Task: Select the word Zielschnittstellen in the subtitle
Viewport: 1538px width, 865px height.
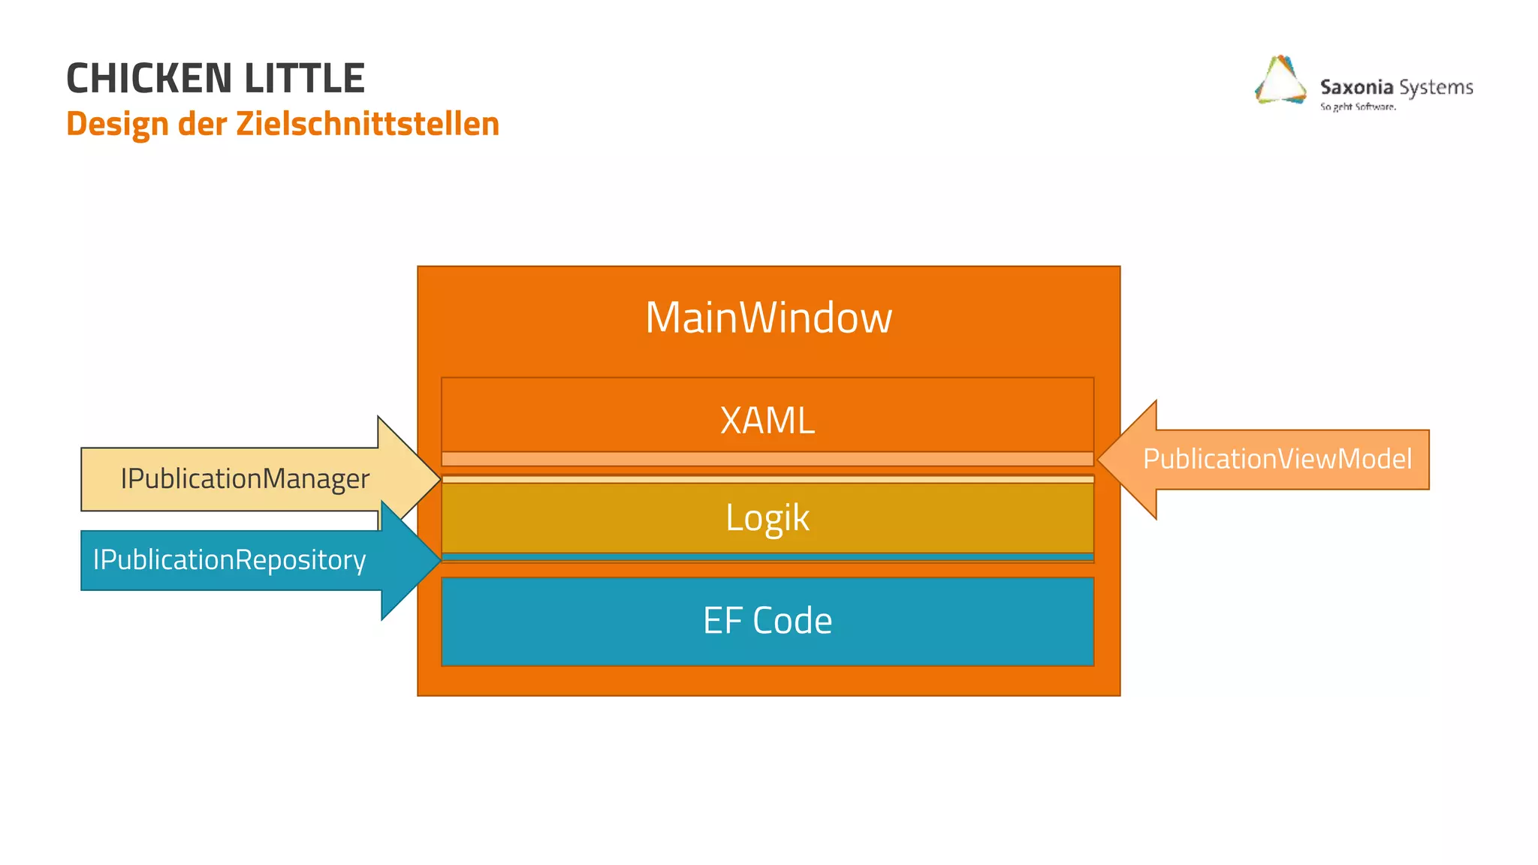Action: (x=367, y=124)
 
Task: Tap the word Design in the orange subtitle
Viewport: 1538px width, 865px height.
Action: (x=117, y=124)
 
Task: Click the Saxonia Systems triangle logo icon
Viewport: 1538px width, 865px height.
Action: (x=1280, y=81)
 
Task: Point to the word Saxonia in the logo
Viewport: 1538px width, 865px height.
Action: (x=1356, y=87)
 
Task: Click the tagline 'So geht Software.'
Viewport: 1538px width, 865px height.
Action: (x=1358, y=107)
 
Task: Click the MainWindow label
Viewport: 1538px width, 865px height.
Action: (x=768, y=318)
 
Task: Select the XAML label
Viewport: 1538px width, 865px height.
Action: (x=767, y=420)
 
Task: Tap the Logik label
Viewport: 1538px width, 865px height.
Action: (x=767, y=517)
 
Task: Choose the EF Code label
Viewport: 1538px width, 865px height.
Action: (x=767, y=621)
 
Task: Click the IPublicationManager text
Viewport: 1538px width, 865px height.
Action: (x=245, y=479)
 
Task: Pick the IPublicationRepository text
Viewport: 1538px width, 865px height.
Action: (x=229, y=560)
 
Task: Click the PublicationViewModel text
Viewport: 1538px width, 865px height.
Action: (x=1277, y=459)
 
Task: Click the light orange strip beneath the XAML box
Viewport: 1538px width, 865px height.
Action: (x=767, y=459)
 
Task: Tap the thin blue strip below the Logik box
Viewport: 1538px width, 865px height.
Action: (x=767, y=557)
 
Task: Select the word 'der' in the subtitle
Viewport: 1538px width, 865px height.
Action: (x=202, y=124)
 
